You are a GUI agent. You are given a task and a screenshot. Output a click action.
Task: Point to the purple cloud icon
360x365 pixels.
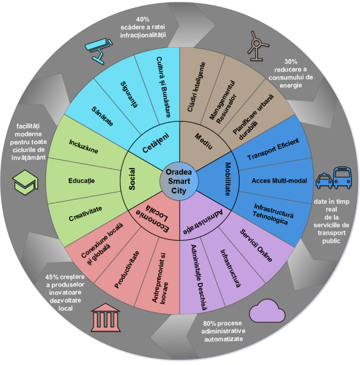(x=267, y=311)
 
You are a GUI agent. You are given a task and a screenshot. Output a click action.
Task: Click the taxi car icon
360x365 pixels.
(x=324, y=180)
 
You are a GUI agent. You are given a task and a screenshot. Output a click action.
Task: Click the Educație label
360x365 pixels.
(x=81, y=180)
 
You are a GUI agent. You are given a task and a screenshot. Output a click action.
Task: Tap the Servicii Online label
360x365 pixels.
(x=256, y=245)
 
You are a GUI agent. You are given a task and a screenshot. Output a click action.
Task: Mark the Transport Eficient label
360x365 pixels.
(x=273, y=149)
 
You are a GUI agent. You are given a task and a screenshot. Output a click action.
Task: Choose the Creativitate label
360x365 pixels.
(x=85, y=213)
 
